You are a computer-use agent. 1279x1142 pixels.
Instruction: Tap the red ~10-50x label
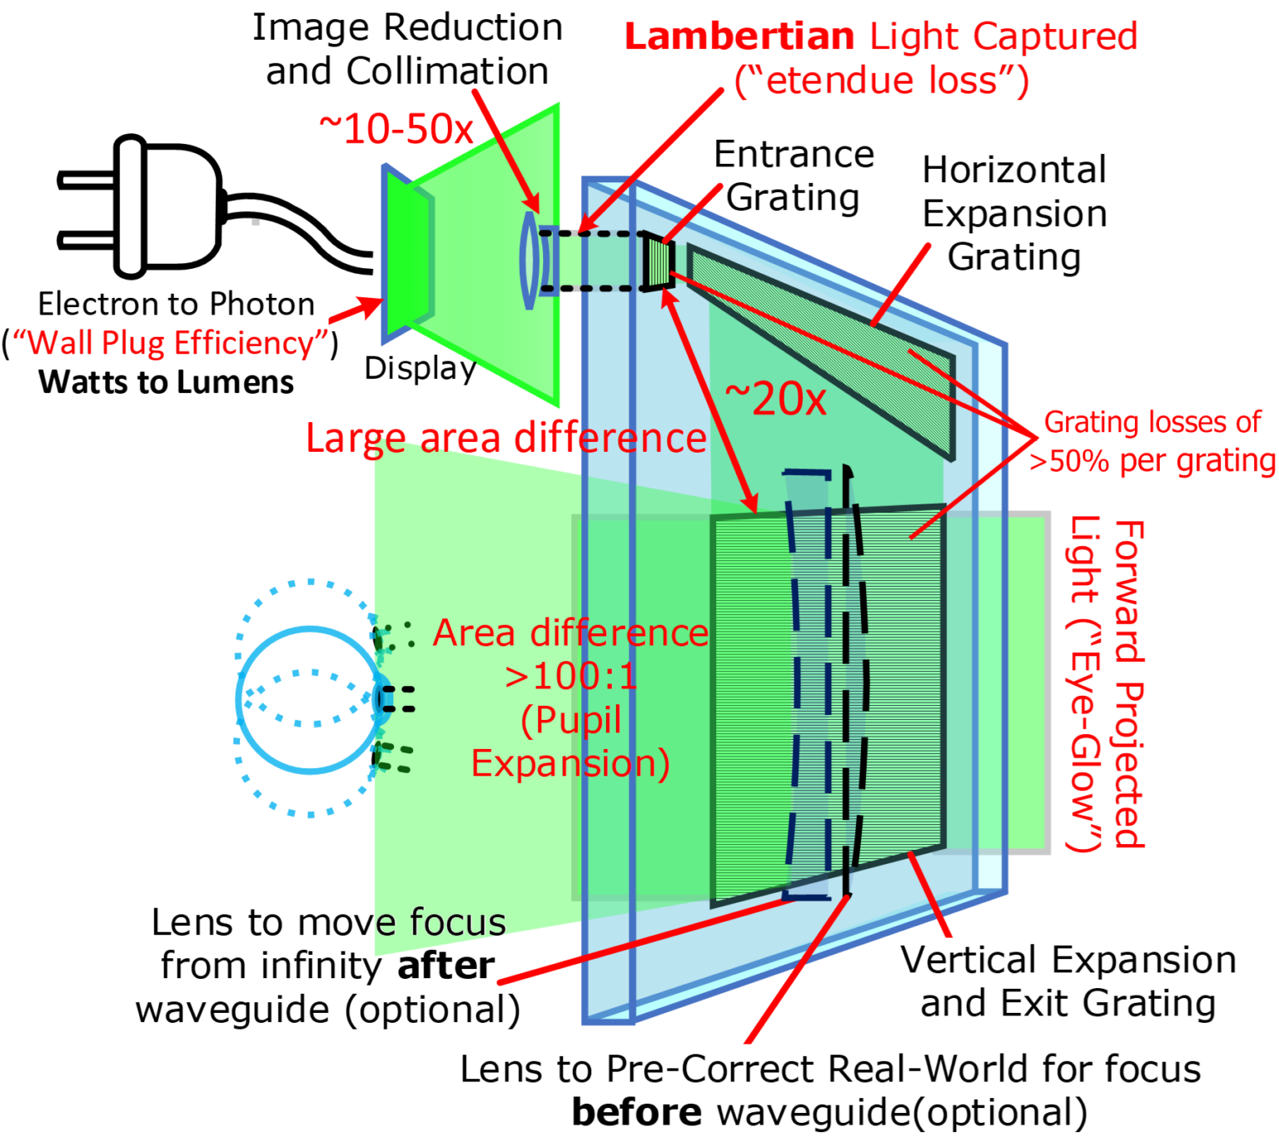396,129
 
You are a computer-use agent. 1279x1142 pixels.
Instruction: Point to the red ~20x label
775,399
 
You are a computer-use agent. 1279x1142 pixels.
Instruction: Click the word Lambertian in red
739,37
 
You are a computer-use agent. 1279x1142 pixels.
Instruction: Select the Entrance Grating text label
794,176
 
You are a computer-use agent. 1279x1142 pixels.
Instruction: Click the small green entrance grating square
659,262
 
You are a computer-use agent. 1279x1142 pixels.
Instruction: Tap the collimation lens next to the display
529,261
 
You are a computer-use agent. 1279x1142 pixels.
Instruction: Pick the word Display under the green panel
420,368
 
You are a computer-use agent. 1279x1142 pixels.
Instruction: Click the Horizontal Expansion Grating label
1014,213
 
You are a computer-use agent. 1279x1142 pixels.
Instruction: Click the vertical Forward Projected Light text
1108,683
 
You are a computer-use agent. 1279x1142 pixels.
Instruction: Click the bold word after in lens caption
446,966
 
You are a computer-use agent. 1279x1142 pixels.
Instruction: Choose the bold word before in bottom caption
636,1112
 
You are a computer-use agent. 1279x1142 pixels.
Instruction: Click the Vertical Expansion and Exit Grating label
1067,981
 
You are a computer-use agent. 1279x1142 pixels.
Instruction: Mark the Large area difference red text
505,438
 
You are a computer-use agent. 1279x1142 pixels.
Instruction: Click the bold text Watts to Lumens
166,382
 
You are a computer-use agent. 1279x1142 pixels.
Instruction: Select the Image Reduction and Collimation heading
407,49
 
